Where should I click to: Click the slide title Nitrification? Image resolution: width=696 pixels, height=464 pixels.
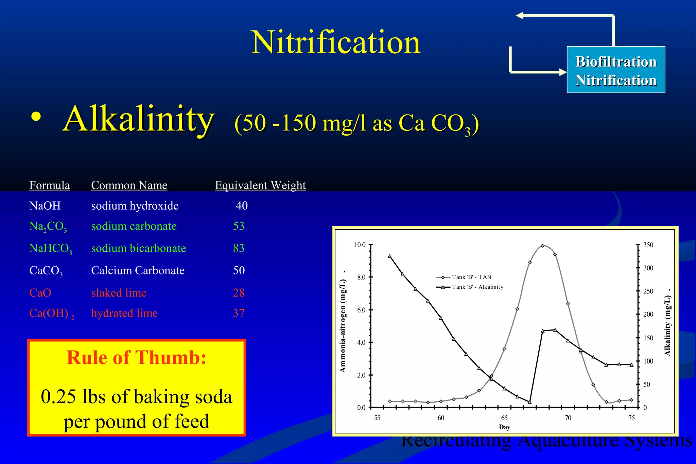point(336,42)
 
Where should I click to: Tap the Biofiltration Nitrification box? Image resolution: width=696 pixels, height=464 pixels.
point(615,70)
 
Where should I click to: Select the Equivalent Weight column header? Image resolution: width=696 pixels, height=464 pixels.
point(260,185)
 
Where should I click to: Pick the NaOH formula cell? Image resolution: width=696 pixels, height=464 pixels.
point(45,206)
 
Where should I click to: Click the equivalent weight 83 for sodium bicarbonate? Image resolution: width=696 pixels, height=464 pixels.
point(239,248)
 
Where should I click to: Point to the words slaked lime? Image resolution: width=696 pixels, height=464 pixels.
point(119,293)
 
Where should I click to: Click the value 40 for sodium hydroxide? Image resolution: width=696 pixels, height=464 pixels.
point(242,206)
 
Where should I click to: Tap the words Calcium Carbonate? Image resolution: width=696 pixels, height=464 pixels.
point(138,271)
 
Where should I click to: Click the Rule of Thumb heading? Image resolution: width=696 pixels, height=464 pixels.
point(136,358)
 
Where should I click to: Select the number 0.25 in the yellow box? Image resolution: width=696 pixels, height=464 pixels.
point(58,397)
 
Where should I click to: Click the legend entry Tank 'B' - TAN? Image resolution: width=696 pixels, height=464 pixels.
point(471,277)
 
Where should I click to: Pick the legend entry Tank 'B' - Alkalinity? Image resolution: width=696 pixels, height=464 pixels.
point(477,287)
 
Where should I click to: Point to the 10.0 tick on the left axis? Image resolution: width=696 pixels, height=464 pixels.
point(360,245)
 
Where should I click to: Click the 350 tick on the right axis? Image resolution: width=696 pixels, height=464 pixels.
point(648,245)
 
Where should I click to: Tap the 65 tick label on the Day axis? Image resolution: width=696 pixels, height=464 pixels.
point(504,418)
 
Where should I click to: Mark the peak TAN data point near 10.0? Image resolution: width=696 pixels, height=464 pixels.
point(542,246)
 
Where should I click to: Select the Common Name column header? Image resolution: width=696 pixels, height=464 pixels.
point(129,185)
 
